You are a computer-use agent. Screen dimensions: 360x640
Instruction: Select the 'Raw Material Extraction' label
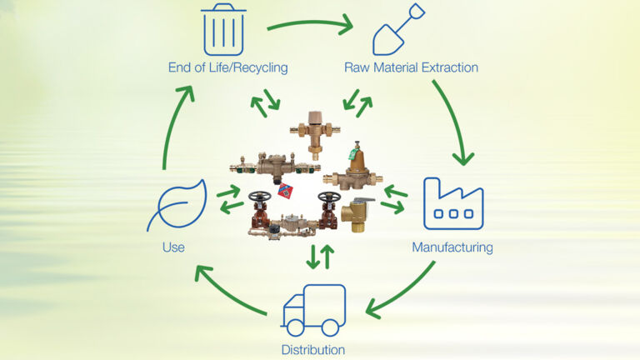[411, 67]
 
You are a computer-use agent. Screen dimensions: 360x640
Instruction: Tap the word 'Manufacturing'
[452, 247]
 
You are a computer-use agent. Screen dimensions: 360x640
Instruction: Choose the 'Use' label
[173, 247]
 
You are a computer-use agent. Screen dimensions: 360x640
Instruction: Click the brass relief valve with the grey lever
[361, 214]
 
